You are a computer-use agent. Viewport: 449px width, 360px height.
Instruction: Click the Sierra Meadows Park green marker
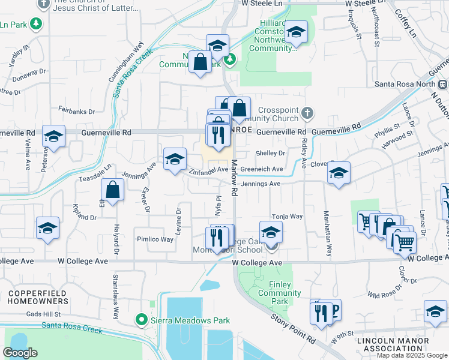pyautogui.click(x=142, y=319)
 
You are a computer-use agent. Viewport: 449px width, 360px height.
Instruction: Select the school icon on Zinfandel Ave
pyautogui.click(x=175, y=160)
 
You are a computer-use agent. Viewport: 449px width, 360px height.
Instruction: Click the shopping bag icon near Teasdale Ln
pyautogui.click(x=112, y=190)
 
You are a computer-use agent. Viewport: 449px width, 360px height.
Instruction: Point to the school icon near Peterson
pyautogui.click(x=53, y=137)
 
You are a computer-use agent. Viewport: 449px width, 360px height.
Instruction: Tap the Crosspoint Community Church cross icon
pyautogui.click(x=307, y=112)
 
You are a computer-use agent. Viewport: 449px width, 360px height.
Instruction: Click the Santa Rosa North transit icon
pyautogui.click(x=443, y=85)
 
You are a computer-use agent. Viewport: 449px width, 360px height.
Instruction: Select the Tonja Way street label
pyautogui.click(x=287, y=216)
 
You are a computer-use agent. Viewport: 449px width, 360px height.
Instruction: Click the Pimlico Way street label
pyautogui.click(x=154, y=239)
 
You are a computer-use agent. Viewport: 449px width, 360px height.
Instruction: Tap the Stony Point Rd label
pyautogui.click(x=293, y=328)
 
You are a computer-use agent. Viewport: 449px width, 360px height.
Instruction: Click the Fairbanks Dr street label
pyautogui.click(x=76, y=110)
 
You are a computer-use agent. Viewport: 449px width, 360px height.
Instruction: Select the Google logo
pyautogui.click(x=20, y=352)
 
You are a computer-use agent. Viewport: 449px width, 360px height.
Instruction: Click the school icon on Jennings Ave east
pyautogui.click(x=339, y=173)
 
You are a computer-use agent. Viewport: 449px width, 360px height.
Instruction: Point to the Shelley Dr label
pyautogui.click(x=270, y=153)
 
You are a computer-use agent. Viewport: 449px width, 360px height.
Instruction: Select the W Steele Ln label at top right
pyautogui.click(x=364, y=3)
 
